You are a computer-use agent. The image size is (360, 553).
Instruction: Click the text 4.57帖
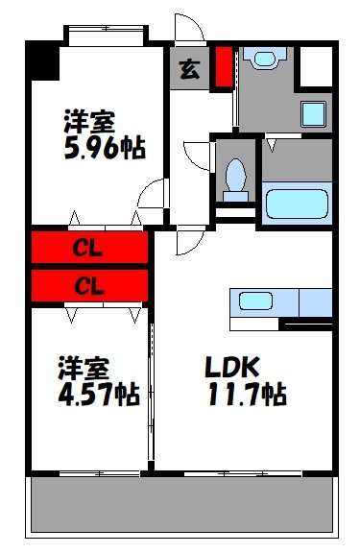(x=99, y=395)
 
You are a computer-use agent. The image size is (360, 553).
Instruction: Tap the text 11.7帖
(x=244, y=394)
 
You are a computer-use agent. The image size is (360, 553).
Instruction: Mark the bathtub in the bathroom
(x=296, y=204)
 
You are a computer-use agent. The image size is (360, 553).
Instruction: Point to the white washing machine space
(x=314, y=67)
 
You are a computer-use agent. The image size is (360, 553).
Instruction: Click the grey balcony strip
(x=182, y=504)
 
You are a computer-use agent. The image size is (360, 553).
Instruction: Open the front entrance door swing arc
(x=187, y=29)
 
